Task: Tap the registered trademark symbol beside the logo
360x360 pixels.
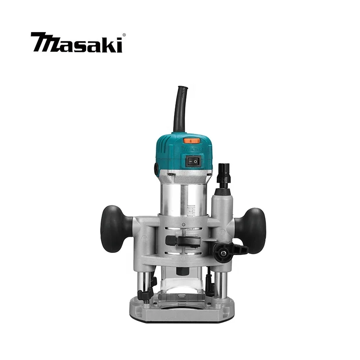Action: pos(124,35)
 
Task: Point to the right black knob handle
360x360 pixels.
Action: pos(249,230)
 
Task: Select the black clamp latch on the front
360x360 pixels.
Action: pos(183,241)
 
